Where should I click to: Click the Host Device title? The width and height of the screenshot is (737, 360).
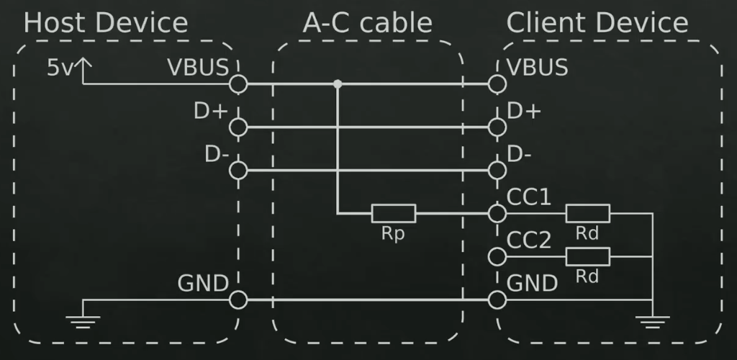(106, 23)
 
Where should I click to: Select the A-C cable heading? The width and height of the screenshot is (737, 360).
(367, 23)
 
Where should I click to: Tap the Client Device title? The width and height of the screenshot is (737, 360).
(597, 23)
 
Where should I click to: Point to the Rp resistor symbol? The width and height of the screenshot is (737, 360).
(394, 213)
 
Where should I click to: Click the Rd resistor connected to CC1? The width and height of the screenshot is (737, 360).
(587, 213)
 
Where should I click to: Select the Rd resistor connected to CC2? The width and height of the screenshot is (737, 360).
(587, 256)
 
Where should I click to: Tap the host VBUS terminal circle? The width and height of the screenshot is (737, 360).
(238, 84)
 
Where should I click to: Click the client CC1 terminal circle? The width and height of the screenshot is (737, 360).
(496, 213)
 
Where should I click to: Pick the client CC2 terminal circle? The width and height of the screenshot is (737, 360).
(496, 256)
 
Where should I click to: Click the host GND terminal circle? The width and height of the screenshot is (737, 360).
(238, 300)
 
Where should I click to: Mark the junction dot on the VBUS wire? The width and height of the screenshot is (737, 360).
(337, 84)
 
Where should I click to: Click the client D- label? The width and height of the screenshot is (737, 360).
(520, 154)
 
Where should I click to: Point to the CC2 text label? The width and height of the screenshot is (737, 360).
(529, 240)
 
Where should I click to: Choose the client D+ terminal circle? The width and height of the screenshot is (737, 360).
(496, 127)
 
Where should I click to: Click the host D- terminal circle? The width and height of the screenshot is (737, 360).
(238, 171)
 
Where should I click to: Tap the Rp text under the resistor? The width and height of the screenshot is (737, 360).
(393, 234)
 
